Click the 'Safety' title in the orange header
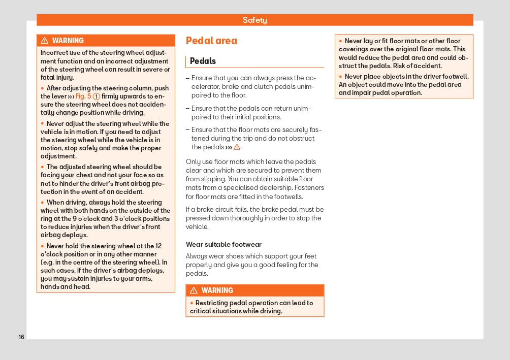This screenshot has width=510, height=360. pos(254,20)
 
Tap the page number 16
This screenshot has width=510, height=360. pos(21,337)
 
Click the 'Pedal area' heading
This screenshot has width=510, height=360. pos(211,41)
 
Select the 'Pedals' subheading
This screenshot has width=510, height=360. pos(203,61)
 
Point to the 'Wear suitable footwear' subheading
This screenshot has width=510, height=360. pos(224,244)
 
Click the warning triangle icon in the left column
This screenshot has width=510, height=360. pos(45,41)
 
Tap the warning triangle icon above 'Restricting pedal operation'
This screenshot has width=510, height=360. pos(194,290)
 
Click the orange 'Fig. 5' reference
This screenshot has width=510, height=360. pos(83,96)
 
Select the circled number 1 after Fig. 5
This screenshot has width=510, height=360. pos(96,96)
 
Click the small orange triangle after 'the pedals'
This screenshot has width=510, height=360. pos(237,147)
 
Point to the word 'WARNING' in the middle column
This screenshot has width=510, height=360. pos(217,290)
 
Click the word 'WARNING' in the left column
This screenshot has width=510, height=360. pos(68,41)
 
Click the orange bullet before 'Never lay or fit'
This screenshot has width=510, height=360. pos(341,41)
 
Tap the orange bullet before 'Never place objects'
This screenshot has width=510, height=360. pos(341,77)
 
